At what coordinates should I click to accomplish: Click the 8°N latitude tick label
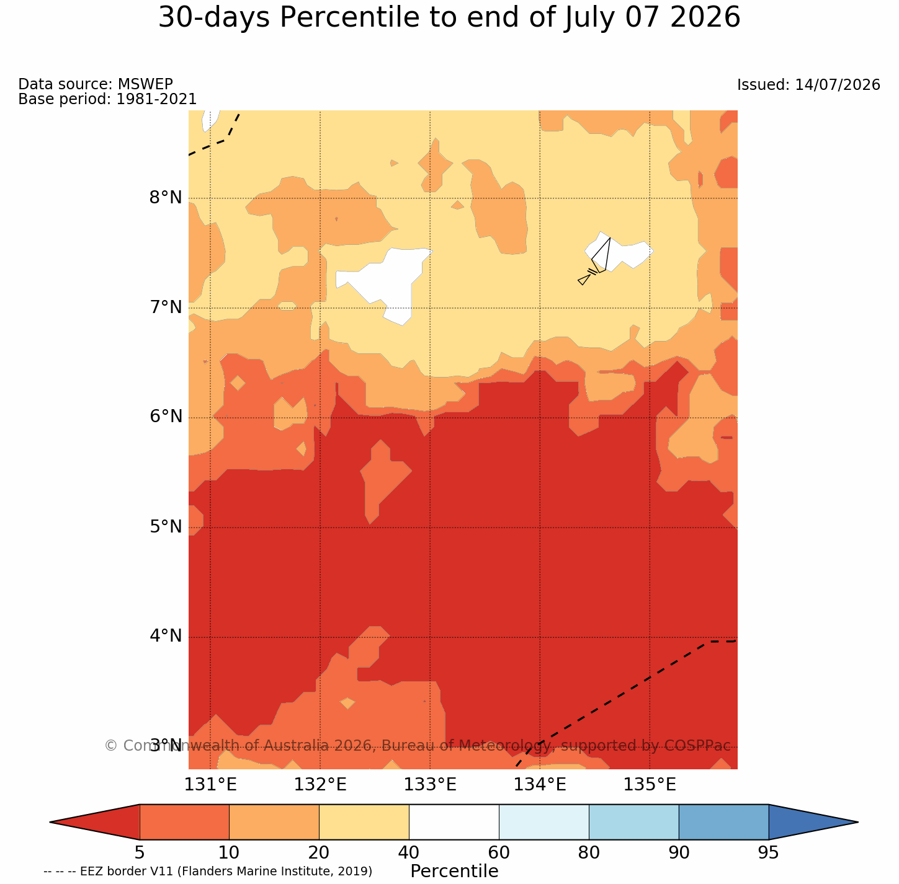(x=165, y=198)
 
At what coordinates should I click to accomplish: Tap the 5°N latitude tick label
(x=165, y=526)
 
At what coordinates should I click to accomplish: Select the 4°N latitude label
(x=165, y=635)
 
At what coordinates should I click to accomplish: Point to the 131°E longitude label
(x=210, y=785)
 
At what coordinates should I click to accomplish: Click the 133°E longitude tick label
(x=430, y=785)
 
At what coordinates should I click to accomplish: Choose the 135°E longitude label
(x=650, y=785)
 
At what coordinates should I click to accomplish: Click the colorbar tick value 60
(x=499, y=853)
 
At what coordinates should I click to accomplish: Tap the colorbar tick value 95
(x=768, y=853)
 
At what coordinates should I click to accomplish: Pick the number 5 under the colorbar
(x=140, y=853)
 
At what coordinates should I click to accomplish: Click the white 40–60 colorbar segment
(x=454, y=822)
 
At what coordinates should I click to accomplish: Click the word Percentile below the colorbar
(x=454, y=871)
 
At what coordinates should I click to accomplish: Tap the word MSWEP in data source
(x=145, y=84)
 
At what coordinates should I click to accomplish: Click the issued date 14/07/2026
(x=837, y=84)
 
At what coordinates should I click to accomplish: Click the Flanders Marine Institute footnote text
(x=274, y=871)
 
